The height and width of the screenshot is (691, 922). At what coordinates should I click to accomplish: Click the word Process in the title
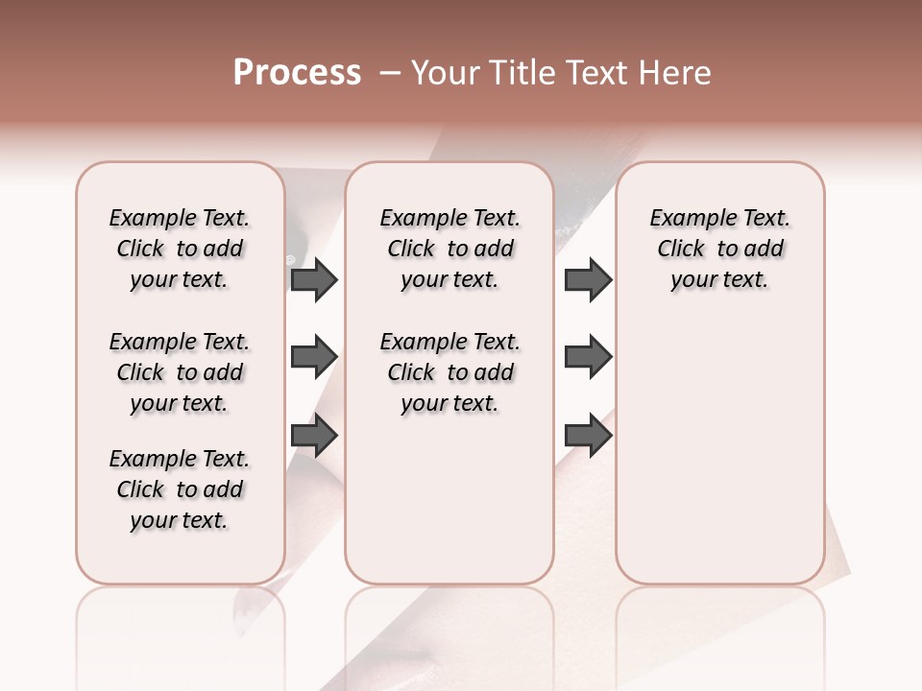pos(297,73)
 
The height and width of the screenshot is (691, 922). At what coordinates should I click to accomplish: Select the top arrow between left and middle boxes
pos(314,280)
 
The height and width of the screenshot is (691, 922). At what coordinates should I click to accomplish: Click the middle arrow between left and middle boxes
pos(314,358)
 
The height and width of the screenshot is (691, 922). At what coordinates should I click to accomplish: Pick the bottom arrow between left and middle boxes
pos(314,436)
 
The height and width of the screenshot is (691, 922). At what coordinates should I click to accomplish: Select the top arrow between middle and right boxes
pos(588,280)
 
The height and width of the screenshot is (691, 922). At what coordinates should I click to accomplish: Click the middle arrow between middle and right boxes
pos(588,358)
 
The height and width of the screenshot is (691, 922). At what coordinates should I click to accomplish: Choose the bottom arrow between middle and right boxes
pos(588,436)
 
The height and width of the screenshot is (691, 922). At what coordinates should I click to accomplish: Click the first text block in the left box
pos(180,249)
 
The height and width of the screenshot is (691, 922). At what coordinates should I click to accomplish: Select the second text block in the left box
pos(180,372)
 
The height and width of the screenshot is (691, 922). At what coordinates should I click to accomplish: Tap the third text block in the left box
pos(180,489)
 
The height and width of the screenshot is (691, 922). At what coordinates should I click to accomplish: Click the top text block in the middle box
pos(449,249)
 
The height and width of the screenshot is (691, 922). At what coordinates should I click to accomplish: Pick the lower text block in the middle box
pos(449,372)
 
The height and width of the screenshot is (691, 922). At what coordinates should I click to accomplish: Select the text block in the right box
pos(719,249)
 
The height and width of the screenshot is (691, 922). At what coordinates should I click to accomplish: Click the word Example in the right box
pos(686,219)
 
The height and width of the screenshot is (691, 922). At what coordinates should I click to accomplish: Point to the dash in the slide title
pos(390,73)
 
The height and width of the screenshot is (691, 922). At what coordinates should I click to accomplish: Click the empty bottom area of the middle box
pos(449,509)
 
